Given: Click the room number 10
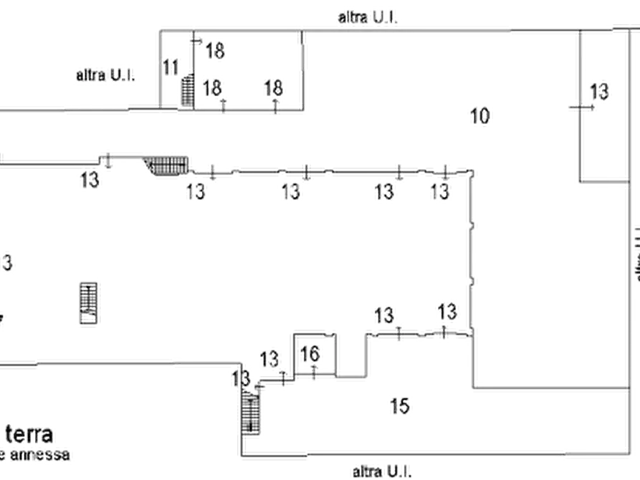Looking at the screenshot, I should tap(480, 115).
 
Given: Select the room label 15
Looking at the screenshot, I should tap(401, 406).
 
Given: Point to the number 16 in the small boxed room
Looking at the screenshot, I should tap(310, 354).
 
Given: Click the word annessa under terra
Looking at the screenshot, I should tap(39, 453).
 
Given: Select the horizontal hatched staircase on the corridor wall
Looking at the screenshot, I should tap(166, 165).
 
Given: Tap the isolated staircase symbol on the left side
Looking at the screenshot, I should tap(90, 306).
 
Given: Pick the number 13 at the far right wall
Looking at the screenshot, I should tap(601, 91).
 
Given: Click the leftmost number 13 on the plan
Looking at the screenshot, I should tap(91, 179).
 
